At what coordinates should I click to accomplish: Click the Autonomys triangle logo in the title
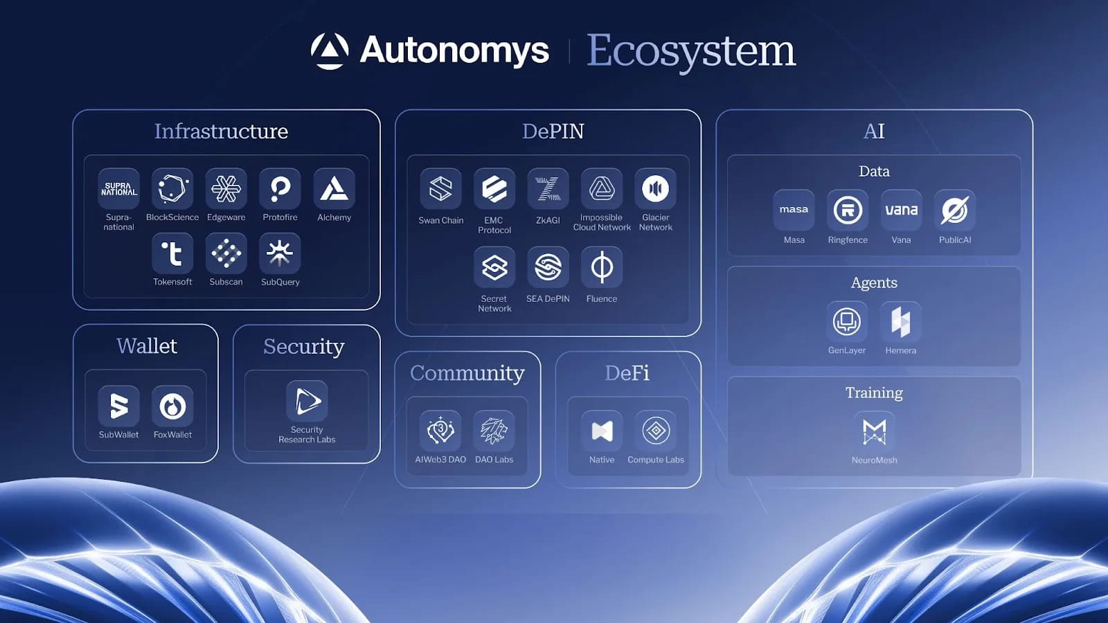tap(330, 51)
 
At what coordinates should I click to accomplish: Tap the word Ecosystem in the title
tap(691, 51)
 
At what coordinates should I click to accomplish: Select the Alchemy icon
tap(334, 188)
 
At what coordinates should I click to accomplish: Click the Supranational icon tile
tap(118, 188)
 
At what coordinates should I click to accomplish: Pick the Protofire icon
tap(280, 188)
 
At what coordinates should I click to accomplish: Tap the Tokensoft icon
tap(172, 253)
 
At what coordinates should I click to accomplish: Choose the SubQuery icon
tap(280, 253)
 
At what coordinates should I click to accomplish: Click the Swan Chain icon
tap(440, 188)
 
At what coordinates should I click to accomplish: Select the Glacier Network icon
tap(655, 188)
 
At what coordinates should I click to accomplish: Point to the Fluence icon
tap(601, 267)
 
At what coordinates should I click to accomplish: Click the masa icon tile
tap(794, 210)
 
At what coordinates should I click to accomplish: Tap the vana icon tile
tap(901, 210)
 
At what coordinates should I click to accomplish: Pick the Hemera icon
tap(900, 321)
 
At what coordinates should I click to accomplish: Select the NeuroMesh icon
tap(874, 431)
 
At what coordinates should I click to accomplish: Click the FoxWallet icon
tap(172, 406)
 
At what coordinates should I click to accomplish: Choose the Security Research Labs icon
tap(307, 401)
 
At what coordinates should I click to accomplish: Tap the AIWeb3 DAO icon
tap(440, 431)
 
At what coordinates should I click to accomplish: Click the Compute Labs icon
tap(655, 431)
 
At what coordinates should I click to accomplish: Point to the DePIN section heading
tap(553, 131)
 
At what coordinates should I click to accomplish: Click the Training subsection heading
tap(874, 392)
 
